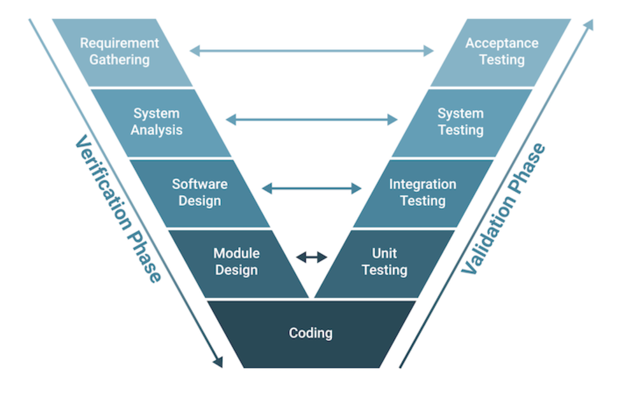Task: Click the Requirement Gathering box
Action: click(x=120, y=51)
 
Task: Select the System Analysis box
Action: click(x=157, y=122)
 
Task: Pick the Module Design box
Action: click(x=237, y=262)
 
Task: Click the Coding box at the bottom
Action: click(x=311, y=333)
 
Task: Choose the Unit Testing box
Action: click(x=384, y=262)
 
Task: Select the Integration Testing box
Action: click(x=423, y=192)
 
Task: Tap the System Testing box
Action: click(x=461, y=122)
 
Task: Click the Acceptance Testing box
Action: click(x=502, y=51)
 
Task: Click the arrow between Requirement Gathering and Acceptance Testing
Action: click(x=312, y=51)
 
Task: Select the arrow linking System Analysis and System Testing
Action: click(x=312, y=120)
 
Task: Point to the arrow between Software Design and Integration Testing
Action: click(x=312, y=188)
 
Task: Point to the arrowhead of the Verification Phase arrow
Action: click(x=218, y=362)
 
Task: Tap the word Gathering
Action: click(x=120, y=60)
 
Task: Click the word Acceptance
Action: click(x=502, y=43)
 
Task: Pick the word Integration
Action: click(x=423, y=184)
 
